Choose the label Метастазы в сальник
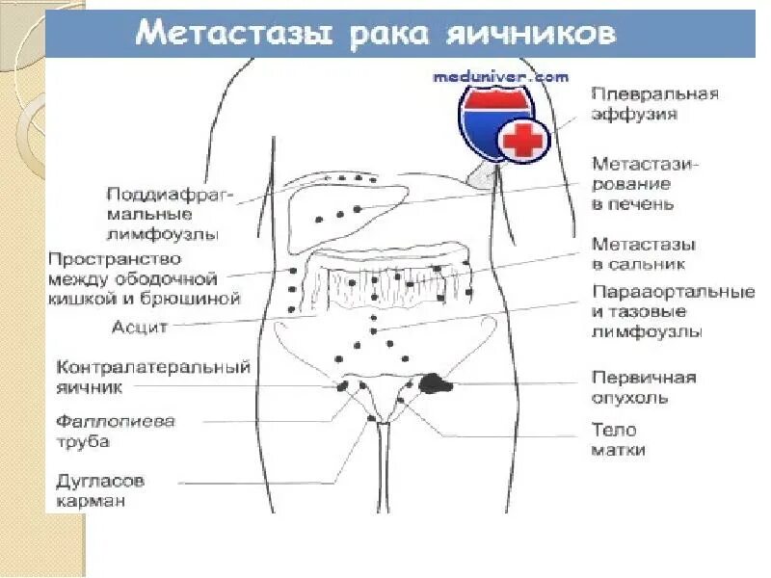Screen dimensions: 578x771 click(644, 253)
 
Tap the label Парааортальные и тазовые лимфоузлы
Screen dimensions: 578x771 click(672, 311)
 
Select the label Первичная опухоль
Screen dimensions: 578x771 click(643, 387)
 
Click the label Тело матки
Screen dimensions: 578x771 click(618, 439)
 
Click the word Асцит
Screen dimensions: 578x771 click(140, 327)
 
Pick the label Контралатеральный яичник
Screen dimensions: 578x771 click(153, 378)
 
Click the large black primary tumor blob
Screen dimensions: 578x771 click(436, 383)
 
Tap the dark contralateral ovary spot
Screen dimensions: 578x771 click(343, 385)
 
